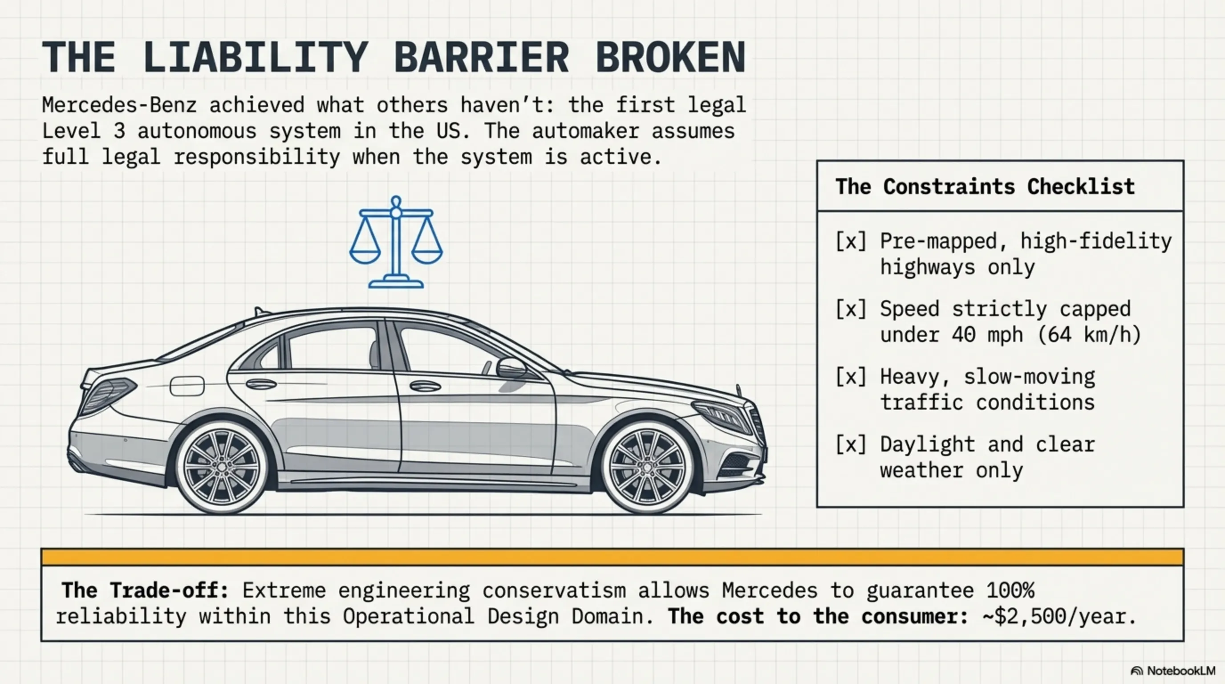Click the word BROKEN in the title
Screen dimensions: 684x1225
click(670, 57)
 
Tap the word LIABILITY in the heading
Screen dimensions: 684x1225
click(256, 57)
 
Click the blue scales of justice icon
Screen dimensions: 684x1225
click(396, 243)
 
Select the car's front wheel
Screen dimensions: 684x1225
click(647, 467)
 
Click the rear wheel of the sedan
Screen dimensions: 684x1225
click(222, 467)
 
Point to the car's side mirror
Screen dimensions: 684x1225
click(511, 367)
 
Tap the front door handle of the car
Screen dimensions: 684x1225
click(425, 386)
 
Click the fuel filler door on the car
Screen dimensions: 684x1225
click(187, 386)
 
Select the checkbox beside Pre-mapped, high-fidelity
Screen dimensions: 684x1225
click(851, 241)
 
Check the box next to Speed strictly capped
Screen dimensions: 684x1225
click(851, 309)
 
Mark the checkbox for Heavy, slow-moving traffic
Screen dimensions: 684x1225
click(851, 377)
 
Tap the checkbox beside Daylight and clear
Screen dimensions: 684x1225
click(851, 445)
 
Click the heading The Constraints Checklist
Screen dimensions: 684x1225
click(985, 187)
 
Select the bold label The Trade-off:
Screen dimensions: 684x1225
click(145, 590)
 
